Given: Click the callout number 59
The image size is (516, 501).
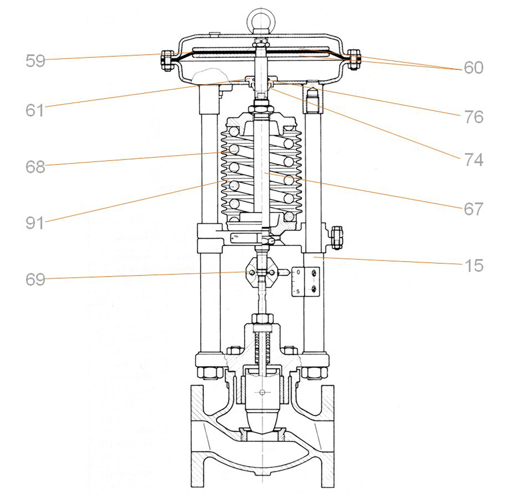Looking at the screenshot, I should tap(35, 61).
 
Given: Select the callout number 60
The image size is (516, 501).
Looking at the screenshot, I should tap(473, 68).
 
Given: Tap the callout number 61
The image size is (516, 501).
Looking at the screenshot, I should tap(35, 110).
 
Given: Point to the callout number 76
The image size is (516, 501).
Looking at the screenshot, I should tap(473, 117).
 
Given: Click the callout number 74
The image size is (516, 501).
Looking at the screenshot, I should tap(473, 160).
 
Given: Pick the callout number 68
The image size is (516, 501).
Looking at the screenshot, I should tap(35, 167).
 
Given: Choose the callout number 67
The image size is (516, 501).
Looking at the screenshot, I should tap(473, 209).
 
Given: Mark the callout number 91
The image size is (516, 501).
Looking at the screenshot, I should tap(35, 223).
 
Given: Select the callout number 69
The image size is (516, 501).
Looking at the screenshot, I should tap(35, 280).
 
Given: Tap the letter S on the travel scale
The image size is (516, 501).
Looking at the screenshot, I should tap(298, 292).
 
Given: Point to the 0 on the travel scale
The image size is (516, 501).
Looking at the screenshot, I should tap(298, 271).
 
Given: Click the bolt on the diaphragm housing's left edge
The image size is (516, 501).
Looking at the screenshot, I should tap(166, 60).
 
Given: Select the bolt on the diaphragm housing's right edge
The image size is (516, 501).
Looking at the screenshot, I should tap(353, 59).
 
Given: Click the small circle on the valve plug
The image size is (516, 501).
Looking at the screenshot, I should tap(262, 393).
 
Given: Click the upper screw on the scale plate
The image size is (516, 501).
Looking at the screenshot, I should tap(313, 273).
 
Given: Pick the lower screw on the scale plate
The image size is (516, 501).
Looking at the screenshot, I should tap(313, 290).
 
